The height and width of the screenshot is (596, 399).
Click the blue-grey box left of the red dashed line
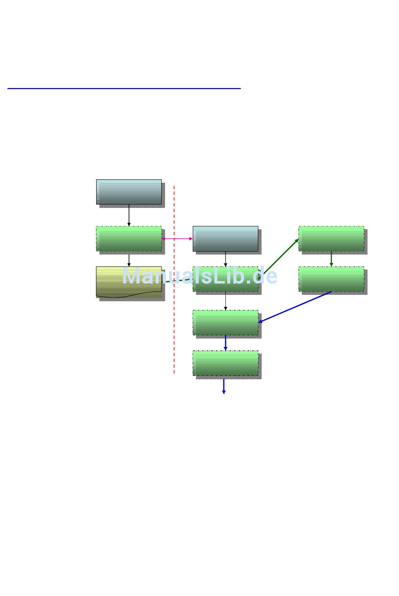click(x=129, y=192)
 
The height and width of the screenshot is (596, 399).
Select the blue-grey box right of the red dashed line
click(x=225, y=239)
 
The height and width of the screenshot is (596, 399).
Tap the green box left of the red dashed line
click(x=129, y=239)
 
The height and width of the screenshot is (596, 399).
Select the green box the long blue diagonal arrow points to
click(x=225, y=323)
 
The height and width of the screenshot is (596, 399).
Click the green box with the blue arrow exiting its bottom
click(x=225, y=363)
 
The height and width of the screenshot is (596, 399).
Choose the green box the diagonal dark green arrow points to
click(x=331, y=239)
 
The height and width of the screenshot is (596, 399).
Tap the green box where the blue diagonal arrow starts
click(x=331, y=279)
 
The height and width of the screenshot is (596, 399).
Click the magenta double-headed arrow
click(x=177, y=239)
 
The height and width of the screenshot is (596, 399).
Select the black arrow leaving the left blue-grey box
click(x=129, y=215)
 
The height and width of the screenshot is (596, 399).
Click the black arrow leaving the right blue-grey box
click(x=226, y=259)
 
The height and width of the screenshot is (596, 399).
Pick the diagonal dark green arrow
click(x=281, y=257)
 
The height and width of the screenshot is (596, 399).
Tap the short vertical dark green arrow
click(x=331, y=259)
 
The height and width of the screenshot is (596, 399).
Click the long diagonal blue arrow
click(x=295, y=307)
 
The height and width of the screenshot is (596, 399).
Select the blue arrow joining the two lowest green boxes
click(x=226, y=343)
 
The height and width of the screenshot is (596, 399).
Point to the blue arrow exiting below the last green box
click(x=224, y=386)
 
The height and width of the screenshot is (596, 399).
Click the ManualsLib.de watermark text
click(x=199, y=276)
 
